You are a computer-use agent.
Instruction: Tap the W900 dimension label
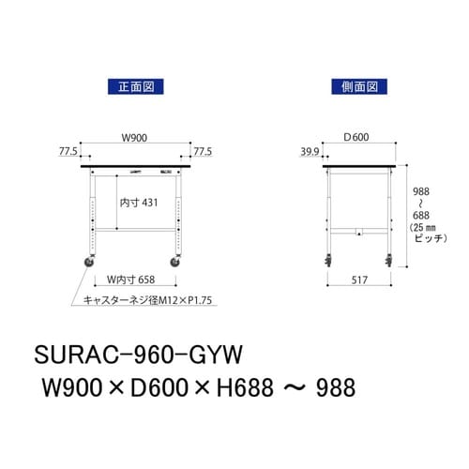(135, 138)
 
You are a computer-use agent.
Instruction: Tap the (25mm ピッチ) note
(423, 234)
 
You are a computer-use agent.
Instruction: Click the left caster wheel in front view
(92, 263)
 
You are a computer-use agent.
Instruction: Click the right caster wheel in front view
(177, 263)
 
